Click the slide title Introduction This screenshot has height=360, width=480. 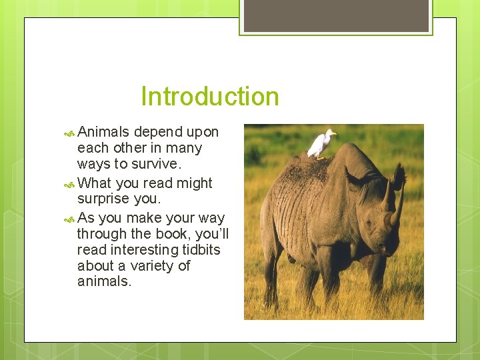pos(209,97)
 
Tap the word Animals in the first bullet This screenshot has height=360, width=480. pos(103,132)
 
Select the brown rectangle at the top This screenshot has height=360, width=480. pos(336,15)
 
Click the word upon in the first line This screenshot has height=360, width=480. pos(202,132)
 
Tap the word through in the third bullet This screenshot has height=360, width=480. pos(98,233)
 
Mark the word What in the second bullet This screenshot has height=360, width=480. pos(95,183)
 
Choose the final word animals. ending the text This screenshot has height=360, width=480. pos(105,281)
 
